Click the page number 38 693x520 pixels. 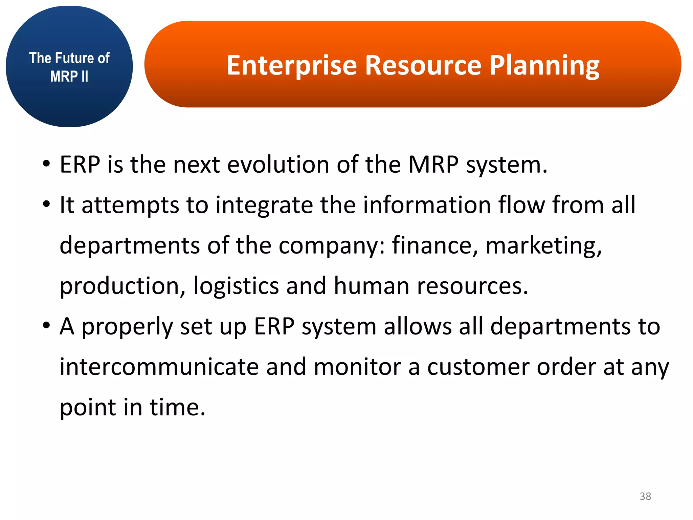click(x=645, y=496)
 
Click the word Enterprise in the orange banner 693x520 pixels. click(x=291, y=65)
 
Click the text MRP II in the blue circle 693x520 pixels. click(x=69, y=77)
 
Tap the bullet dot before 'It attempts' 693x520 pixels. click(x=46, y=204)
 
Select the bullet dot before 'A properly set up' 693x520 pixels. click(x=46, y=326)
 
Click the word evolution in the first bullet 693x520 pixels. click(x=278, y=165)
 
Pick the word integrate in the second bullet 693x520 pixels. click(x=264, y=205)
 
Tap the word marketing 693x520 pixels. click(x=543, y=245)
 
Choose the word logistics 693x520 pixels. click(x=236, y=286)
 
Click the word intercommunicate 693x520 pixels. click(x=159, y=367)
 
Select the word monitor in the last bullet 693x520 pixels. click(x=357, y=367)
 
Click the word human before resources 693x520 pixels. click(x=371, y=285)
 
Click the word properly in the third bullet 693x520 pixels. click(x=127, y=327)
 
